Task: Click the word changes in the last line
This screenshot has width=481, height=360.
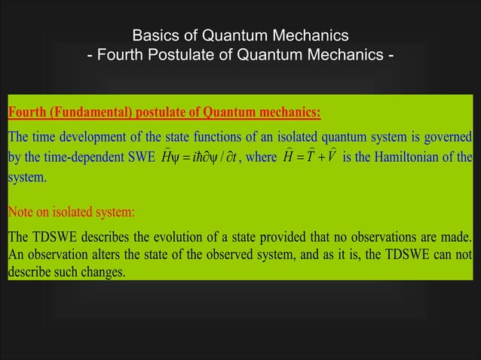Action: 103,272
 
